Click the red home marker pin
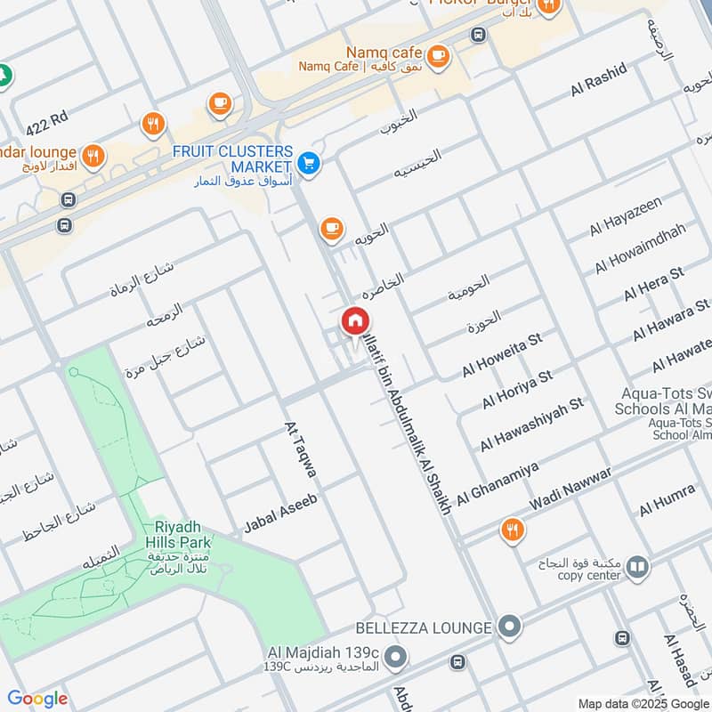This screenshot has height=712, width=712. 354,321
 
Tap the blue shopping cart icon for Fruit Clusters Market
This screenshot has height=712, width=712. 309,162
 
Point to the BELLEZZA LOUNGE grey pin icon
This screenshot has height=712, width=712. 509,627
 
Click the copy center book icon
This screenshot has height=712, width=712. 637,566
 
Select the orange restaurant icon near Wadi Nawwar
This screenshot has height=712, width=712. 512,531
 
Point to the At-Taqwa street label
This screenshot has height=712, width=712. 299,449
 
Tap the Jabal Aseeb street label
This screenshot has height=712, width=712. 280,515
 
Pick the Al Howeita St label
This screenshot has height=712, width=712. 501,353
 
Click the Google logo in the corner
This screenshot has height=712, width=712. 37,699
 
